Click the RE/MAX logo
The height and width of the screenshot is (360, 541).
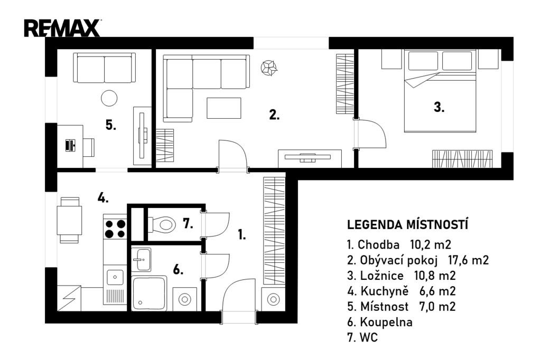pos(62,28)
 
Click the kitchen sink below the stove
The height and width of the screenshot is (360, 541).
pos(115,277)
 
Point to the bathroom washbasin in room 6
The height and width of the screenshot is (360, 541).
pos(141,259)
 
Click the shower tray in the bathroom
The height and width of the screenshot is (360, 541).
pos(149,293)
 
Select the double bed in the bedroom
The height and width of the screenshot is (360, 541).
pos(440,91)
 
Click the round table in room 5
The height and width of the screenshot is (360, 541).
pos(109,98)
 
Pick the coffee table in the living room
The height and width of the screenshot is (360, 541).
pos(224,108)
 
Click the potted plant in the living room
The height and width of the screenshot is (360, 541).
pos(269,68)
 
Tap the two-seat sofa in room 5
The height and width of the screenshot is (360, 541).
pos(105,68)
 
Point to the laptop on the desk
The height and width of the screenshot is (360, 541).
pos(70,145)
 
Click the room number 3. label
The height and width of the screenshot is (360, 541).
pos(439,107)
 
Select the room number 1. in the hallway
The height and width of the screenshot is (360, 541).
pos(242,234)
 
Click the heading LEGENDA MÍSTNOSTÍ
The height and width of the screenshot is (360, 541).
pos(407,225)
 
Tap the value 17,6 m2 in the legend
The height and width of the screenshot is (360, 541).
pos(469,260)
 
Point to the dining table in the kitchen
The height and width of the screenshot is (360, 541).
pos(69,220)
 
